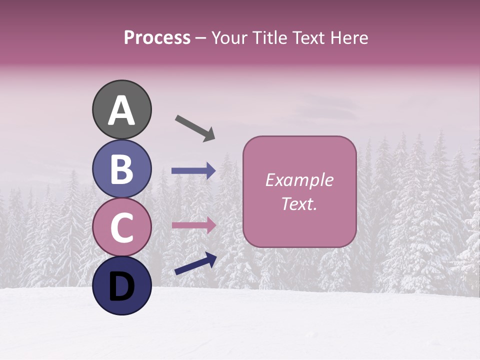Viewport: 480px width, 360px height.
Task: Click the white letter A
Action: point(121,110)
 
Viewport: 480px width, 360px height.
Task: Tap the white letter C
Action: point(121,228)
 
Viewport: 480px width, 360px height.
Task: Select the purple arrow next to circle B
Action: point(193,171)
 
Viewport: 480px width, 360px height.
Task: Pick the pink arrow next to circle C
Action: point(193,225)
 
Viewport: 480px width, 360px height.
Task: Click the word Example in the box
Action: point(299,180)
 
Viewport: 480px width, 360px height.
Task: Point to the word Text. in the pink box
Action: point(299,204)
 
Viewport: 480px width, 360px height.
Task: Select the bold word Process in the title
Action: point(157,38)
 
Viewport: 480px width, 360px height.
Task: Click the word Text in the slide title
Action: point(309,38)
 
